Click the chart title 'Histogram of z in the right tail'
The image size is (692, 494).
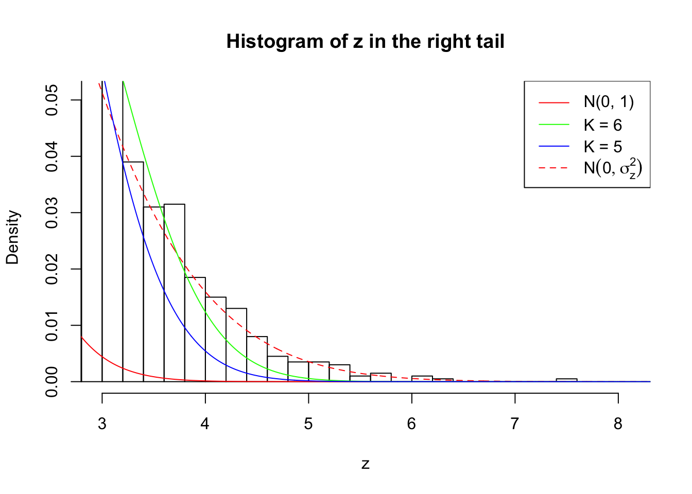(x=365, y=42)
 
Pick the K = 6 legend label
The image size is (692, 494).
(x=602, y=125)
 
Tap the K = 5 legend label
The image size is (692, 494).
(x=602, y=147)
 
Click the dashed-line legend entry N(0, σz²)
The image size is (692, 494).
(x=613, y=168)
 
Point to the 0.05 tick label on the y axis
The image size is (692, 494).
(x=51, y=100)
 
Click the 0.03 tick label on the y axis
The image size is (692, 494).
(x=51, y=213)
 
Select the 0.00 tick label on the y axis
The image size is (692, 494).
(x=51, y=381)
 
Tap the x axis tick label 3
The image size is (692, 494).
(x=102, y=424)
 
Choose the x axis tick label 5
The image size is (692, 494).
(x=308, y=424)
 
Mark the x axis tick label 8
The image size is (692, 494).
(x=618, y=424)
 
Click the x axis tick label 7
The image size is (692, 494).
(x=515, y=424)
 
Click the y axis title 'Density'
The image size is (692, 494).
(x=12, y=237)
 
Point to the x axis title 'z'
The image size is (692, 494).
(x=365, y=464)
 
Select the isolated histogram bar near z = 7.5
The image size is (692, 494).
(x=566, y=380)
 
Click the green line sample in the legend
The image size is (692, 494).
(x=554, y=125)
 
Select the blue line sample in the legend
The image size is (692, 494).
(x=554, y=147)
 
